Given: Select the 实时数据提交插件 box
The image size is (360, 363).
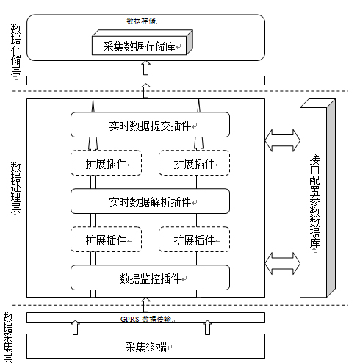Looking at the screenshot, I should pyautogui.click(x=150, y=124).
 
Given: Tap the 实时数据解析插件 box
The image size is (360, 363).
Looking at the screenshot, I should pyautogui.click(x=150, y=201).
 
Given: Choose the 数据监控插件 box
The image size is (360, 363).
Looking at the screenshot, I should pyautogui.click(x=150, y=278).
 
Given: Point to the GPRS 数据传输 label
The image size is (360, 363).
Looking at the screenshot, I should pyautogui.click(x=145, y=319).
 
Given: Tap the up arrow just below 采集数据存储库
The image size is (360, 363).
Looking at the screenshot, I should pyautogui.click(x=145, y=67).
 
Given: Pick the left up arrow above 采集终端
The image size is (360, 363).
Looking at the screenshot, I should pyautogui.click(x=76, y=328).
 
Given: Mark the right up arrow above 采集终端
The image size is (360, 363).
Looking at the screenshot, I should pyautogui.click(x=208, y=328).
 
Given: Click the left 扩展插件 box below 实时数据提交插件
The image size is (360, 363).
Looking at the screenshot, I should pyautogui.click(x=106, y=163).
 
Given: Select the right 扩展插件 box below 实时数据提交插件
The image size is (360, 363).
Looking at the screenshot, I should pyautogui.click(x=194, y=163).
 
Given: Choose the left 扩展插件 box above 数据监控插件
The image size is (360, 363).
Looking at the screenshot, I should pyautogui.click(x=106, y=240).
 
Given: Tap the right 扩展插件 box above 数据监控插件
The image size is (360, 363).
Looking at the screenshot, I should pyautogui.click(x=194, y=240).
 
